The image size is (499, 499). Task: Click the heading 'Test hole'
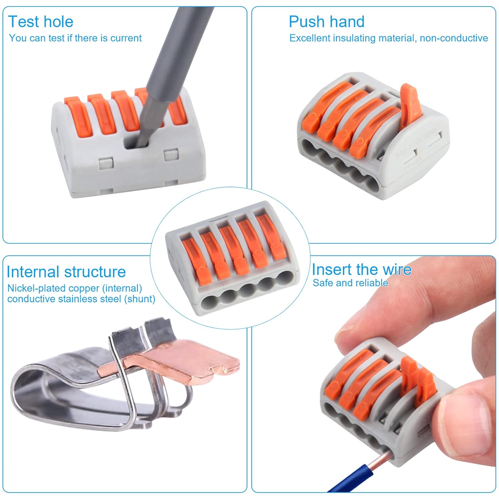(41, 22)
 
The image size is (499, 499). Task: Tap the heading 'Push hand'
(326, 22)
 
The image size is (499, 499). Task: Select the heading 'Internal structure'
(66, 272)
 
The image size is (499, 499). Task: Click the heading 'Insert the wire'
(362, 269)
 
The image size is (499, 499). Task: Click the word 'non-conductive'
(454, 38)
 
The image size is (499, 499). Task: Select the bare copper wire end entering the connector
(383, 457)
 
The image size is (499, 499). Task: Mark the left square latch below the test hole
(106, 163)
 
